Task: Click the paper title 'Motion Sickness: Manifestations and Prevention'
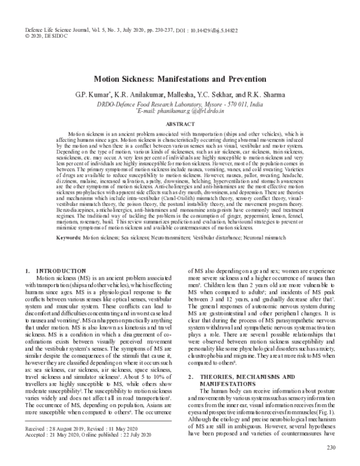click(x=180, y=79)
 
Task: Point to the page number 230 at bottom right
click(x=331, y=447)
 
